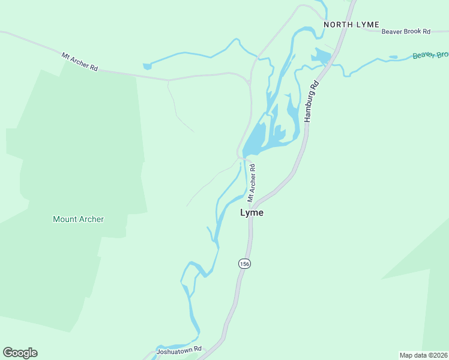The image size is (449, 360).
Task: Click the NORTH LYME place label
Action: pyautogui.click(x=351, y=25)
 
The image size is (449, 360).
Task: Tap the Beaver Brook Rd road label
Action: pyautogui.click(x=406, y=31)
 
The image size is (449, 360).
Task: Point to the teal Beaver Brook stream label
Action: pyautogui.click(x=430, y=55)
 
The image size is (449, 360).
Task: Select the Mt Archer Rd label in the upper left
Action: pyautogui.click(x=79, y=62)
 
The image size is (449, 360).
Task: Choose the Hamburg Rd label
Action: pyautogui.click(x=310, y=103)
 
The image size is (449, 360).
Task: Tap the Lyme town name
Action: pyautogui.click(x=252, y=212)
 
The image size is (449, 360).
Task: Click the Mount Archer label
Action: pyautogui.click(x=78, y=219)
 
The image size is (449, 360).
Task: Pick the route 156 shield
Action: pyautogui.click(x=244, y=263)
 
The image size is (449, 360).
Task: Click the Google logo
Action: pyautogui.click(x=20, y=353)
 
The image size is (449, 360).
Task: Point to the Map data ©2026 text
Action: pyautogui.click(x=423, y=355)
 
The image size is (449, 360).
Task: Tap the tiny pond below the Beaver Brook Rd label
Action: pyautogui.click(x=393, y=57)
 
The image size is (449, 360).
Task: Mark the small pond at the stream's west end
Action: pyautogui.click(x=146, y=66)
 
